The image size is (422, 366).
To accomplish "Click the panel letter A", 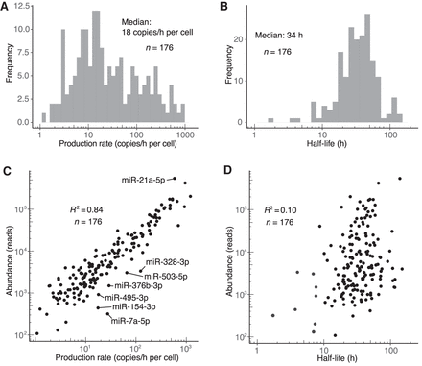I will (x=6, y=7).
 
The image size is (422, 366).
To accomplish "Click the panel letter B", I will (x=222, y=7).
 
